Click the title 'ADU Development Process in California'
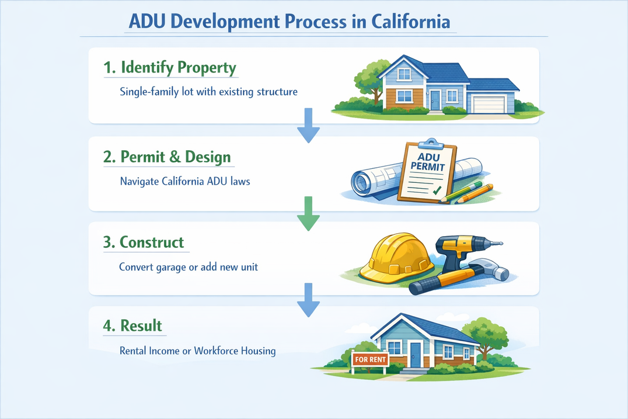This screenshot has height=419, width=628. (289, 22)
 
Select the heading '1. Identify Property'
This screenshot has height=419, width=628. (170, 68)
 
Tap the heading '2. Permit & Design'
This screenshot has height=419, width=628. (167, 157)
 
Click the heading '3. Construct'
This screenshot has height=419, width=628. (144, 242)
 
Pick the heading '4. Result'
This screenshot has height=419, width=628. (132, 325)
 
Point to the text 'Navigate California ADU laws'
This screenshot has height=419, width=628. (185, 181)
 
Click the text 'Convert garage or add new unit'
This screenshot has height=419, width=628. (189, 266)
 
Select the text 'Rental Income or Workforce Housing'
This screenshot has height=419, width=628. (198, 351)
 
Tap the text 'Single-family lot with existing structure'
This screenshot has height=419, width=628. (209, 92)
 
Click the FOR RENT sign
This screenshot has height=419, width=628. (370, 359)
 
